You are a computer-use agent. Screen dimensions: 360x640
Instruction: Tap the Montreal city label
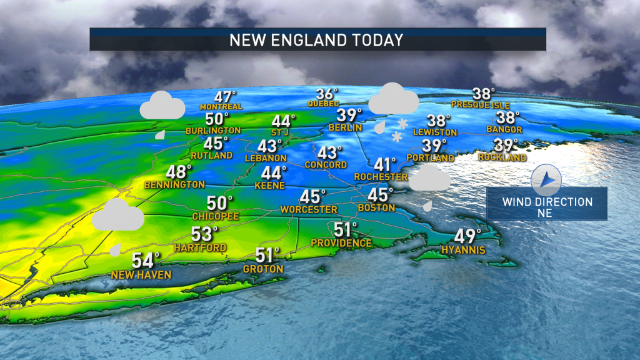tap(221, 107)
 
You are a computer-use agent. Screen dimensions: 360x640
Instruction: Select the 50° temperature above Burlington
tap(217, 119)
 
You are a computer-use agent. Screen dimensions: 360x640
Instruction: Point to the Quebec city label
tap(323, 103)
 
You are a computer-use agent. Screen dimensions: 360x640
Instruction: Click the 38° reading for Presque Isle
tap(483, 94)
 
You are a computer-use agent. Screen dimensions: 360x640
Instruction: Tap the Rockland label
tap(502, 157)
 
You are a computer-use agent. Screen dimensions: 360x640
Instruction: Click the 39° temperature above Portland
tap(434, 146)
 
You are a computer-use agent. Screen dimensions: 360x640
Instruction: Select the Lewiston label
tap(434, 132)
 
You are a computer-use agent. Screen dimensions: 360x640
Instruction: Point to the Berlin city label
tap(345, 127)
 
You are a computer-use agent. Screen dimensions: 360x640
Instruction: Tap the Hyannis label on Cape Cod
tap(464, 249)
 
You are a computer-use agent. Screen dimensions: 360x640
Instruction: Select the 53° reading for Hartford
tap(204, 234)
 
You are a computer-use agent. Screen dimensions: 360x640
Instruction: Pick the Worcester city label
tap(309, 209)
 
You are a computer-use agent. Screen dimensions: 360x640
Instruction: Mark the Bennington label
tap(174, 184)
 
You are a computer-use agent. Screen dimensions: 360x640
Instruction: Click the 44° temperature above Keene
tap(274, 172)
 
